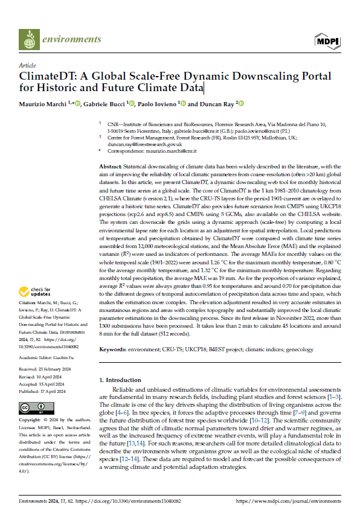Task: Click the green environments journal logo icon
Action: pos(28,40)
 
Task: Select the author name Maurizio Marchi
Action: pos(43,104)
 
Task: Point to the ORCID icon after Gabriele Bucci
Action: pos(133,104)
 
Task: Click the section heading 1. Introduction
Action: pos(119,380)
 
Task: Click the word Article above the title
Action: pos(28,65)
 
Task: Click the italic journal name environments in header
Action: pos(71,40)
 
